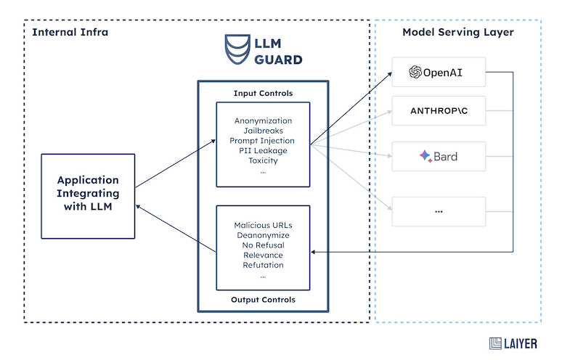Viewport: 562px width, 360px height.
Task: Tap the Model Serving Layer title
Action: [x=457, y=33]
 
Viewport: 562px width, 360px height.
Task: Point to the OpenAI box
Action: [x=438, y=72]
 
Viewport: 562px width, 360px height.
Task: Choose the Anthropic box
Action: [x=438, y=112]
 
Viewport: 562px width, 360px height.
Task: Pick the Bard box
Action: [x=438, y=156]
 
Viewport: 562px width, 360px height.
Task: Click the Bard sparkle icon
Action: [x=425, y=156]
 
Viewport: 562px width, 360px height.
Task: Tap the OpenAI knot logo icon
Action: [x=415, y=72]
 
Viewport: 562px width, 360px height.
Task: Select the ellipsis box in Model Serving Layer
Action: [x=438, y=210]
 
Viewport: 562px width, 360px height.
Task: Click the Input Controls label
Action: [x=263, y=93]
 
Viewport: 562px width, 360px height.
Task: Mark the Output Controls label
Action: [x=263, y=300]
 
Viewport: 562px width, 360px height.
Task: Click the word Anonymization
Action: [x=263, y=120]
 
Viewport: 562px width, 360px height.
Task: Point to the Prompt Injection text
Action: [x=263, y=140]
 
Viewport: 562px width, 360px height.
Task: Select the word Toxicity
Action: [x=263, y=160]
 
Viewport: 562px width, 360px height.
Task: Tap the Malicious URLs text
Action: [x=263, y=225]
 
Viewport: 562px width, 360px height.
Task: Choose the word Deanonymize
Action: [x=263, y=235]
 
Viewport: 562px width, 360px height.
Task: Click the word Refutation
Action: [x=263, y=265]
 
